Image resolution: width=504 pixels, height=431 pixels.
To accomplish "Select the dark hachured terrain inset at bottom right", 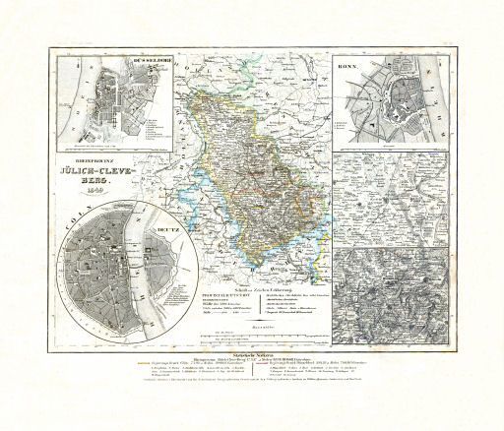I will [390, 296].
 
